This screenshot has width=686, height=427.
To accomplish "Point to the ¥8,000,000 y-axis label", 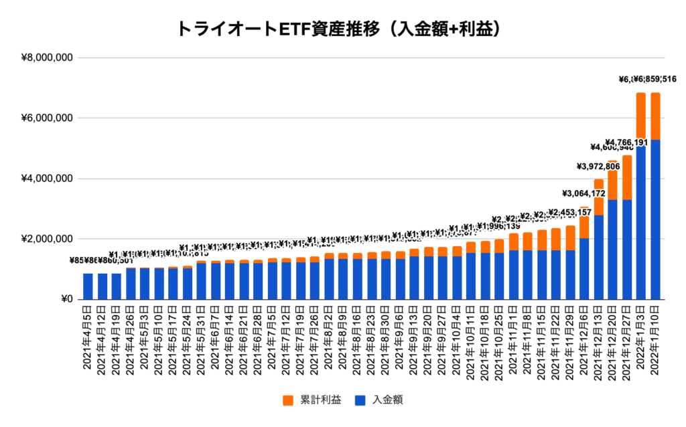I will point(48,58).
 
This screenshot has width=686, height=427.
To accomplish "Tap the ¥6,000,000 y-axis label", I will point(48,118).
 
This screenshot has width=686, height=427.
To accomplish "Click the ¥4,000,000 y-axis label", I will point(48,179).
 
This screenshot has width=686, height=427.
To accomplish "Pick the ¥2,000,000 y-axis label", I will point(48,239).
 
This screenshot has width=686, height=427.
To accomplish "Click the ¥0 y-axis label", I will point(65,299).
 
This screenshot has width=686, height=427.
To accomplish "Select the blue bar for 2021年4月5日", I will point(88,286).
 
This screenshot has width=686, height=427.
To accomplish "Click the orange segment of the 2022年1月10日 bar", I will point(655,116).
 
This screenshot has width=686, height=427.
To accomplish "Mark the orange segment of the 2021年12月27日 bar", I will point(627,177).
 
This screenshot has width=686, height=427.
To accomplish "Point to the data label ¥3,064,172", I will point(584,193).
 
